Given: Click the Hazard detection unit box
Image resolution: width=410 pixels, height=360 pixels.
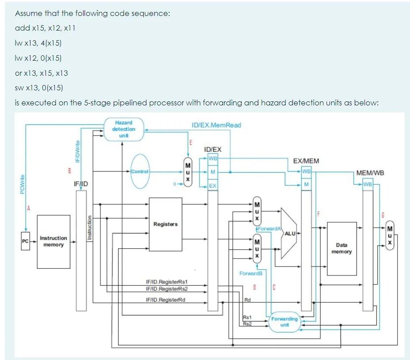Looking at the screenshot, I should (124, 129).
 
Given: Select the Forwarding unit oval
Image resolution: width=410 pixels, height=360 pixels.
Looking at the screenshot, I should (284, 321).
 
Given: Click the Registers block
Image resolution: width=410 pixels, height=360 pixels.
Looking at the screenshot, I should (165, 224).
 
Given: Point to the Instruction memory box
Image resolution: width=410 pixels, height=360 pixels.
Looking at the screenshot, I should (54, 241).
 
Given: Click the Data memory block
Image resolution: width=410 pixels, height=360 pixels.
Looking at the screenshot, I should (341, 248).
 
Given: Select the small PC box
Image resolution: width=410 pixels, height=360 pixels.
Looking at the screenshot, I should (25, 241).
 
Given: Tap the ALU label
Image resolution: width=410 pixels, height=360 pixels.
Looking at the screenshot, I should (290, 233).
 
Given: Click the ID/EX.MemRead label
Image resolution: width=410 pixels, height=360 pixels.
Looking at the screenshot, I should (216, 125).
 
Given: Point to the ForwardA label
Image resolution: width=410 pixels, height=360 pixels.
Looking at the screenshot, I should (269, 228).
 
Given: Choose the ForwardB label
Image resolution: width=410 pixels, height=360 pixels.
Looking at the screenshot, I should (251, 273).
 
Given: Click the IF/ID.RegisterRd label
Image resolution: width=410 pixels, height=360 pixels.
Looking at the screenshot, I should (165, 299).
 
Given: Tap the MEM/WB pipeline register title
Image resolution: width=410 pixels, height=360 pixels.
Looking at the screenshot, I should (370, 173).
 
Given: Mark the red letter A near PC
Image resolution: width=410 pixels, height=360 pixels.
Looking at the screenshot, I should (29, 208).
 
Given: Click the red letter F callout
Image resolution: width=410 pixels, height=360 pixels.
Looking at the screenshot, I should (318, 215).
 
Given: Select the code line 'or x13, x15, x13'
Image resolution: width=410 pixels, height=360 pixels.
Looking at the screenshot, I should (41, 73).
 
